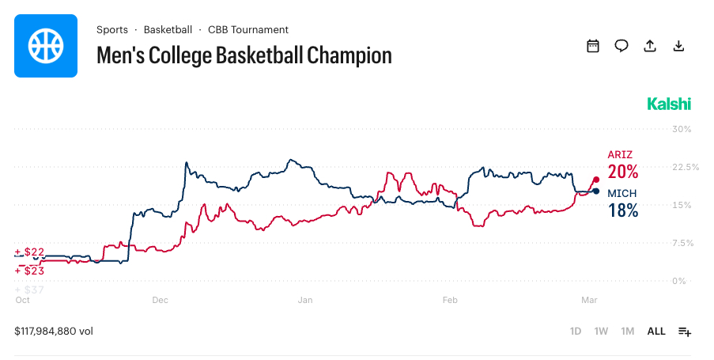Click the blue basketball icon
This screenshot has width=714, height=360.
[46, 45]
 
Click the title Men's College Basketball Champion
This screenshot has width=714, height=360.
[244, 55]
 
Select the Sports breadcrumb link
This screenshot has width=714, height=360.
[112, 30]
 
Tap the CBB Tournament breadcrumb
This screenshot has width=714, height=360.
[247, 30]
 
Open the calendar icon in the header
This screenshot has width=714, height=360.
[593, 46]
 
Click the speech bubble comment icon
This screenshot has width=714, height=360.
[621, 46]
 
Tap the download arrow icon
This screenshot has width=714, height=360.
[678, 46]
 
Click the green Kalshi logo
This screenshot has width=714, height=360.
[669, 104]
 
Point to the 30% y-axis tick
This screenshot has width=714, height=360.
[681, 129]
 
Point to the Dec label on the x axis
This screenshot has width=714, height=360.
[161, 300]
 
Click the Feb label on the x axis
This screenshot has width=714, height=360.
[450, 300]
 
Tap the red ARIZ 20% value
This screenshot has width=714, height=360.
[622, 172]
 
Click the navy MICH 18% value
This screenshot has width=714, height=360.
[622, 210]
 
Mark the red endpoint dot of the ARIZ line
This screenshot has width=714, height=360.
[595, 180]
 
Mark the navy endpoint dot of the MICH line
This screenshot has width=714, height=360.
[595, 191]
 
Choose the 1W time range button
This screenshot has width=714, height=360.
[602, 332]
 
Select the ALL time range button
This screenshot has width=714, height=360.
[656, 332]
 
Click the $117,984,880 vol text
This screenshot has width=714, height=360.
[54, 332]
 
